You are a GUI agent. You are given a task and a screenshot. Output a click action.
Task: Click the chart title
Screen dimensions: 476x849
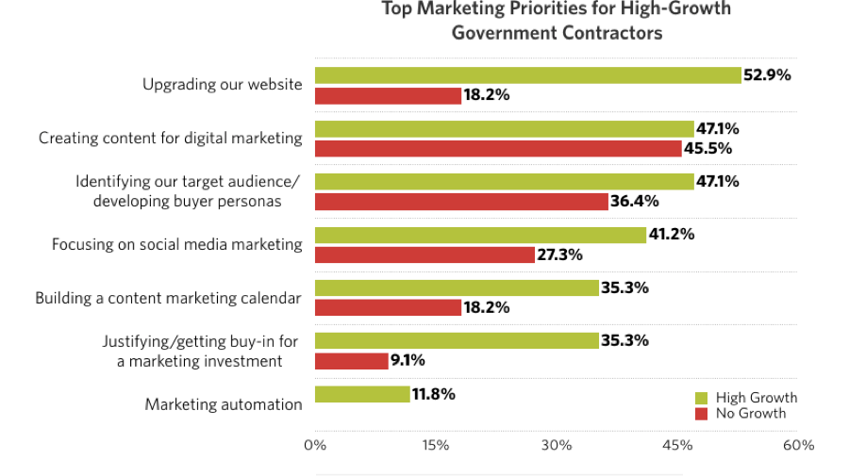tap(557, 21)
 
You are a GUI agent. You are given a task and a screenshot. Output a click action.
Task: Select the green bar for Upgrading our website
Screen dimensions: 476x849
tap(527, 75)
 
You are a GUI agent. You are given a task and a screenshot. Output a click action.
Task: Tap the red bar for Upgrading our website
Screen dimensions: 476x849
tap(388, 95)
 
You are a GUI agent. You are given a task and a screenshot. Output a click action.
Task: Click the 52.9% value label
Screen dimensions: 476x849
tap(767, 75)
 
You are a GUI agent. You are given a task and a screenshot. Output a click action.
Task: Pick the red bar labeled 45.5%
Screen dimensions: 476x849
tap(497, 148)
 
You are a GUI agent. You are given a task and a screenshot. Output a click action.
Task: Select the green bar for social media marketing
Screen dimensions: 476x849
tap(480, 235)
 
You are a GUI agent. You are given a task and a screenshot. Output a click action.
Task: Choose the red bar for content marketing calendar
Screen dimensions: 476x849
tap(388, 307)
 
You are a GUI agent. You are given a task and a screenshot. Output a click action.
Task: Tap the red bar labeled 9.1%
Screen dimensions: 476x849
tap(351, 360)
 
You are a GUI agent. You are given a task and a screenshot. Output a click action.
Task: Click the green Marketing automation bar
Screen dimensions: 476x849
tap(362, 394)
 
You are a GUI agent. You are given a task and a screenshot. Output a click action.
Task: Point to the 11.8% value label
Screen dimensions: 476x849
tap(434, 394)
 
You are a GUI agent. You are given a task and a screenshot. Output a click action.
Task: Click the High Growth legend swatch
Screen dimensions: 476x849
tap(701, 398)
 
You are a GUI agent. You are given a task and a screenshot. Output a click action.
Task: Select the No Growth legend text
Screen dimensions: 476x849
tap(750, 413)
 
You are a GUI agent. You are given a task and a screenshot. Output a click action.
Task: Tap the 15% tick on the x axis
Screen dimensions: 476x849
tap(435, 445)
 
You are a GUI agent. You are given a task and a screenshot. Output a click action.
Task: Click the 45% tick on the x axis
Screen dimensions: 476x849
tap(677, 445)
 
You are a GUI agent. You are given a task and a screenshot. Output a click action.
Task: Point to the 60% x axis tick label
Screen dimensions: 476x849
tap(798, 445)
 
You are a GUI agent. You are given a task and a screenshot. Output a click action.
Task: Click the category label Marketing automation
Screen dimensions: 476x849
tap(224, 404)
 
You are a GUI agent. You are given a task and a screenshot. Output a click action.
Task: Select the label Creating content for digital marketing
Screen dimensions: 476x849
tap(171, 138)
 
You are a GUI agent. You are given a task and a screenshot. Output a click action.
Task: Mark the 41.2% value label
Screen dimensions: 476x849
tap(672, 235)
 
